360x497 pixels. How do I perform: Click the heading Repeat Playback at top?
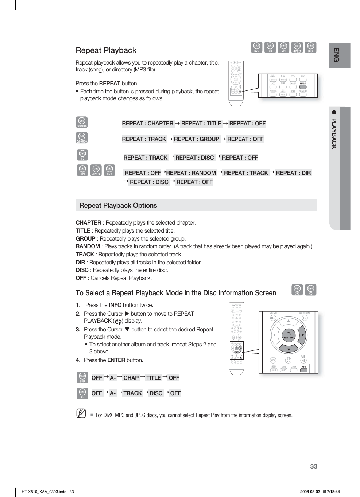106,50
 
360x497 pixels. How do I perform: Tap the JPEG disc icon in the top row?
297,47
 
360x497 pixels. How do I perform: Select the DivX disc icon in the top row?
310,47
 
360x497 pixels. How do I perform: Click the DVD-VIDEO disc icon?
82,122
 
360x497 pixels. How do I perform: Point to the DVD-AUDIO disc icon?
82,138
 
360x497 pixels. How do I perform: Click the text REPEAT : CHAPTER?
148,124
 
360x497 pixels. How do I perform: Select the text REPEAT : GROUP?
197,139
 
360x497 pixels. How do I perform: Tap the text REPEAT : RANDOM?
191,173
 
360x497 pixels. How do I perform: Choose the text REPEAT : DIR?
293,173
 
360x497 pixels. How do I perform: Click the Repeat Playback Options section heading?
118,206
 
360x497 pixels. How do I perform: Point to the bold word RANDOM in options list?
88,246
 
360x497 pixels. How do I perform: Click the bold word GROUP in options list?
85,239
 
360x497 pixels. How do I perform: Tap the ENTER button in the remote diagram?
289,335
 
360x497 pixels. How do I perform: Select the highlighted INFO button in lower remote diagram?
303,370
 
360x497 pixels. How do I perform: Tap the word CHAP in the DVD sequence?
131,378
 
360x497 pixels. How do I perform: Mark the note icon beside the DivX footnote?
81,413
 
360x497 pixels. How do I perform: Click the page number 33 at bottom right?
314,466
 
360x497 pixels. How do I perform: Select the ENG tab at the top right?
337,55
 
